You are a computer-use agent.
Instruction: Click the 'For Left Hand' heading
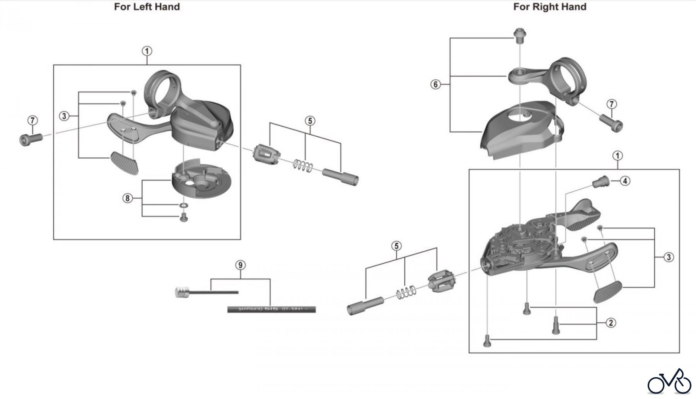147,7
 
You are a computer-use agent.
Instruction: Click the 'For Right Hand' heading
549,7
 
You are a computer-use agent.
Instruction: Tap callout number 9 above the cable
241,265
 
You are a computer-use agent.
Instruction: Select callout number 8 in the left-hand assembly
127,199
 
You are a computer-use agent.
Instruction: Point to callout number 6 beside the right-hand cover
436,84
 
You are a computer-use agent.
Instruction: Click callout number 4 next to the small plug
625,181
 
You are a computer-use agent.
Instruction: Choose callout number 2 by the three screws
611,323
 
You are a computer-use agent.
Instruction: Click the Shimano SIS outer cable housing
271,309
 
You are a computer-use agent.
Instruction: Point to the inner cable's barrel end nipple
181,292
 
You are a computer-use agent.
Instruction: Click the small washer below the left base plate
184,205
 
